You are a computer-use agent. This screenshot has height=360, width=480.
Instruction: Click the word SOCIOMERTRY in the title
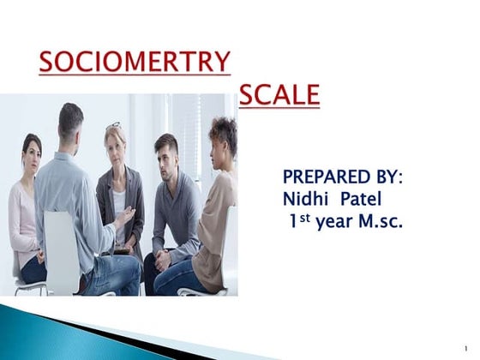(x=135, y=63)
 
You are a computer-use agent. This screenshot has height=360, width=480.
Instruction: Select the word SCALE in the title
(x=279, y=95)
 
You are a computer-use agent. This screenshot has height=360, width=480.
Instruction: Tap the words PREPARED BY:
(x=342, y=177)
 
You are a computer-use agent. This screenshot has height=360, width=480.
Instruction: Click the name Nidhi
(x=305, y=199)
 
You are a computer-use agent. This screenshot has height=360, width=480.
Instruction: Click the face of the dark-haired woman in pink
(x=32, y=153)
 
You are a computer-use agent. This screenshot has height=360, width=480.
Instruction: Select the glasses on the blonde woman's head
(x=114, y=125)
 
